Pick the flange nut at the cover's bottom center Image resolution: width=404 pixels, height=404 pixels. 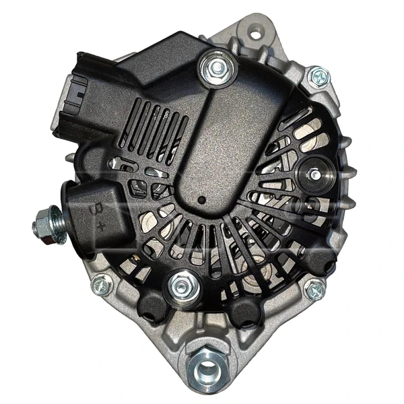point(181,285)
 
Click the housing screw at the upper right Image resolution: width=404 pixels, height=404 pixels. point(318,77)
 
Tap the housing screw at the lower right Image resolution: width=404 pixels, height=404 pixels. point(314,290)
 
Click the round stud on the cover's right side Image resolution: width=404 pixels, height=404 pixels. point(314,174)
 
